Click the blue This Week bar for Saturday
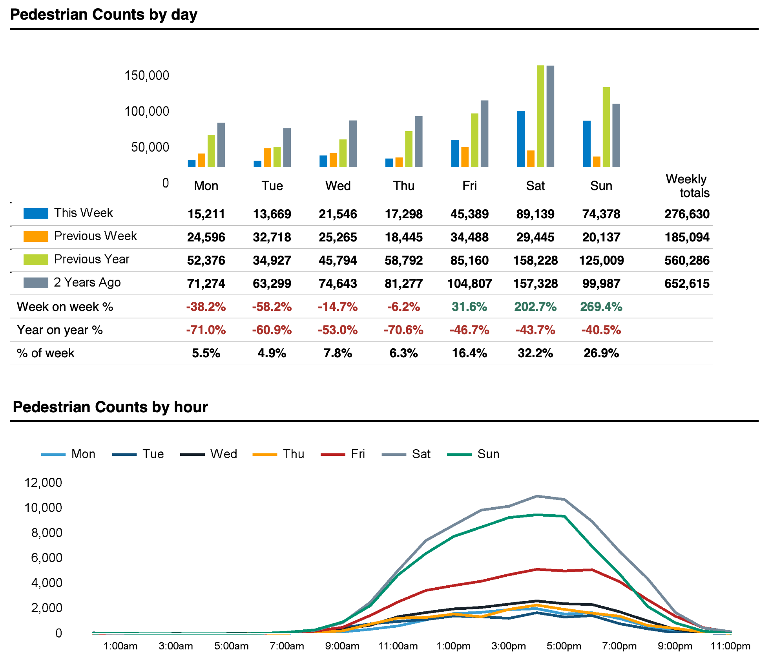520,139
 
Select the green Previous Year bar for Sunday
606,127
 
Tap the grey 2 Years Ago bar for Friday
484,134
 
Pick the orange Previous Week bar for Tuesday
267,157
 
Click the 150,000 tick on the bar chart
146,75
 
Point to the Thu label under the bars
403,186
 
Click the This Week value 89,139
535,214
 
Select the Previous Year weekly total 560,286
686,260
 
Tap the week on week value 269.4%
601,307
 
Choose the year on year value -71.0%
206,330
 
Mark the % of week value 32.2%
535,353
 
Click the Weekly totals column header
688,186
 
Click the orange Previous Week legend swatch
36,236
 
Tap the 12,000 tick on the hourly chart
43,483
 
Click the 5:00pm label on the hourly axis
564,646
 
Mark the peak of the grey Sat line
536,496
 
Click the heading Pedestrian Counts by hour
110,407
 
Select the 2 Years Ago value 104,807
469,283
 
